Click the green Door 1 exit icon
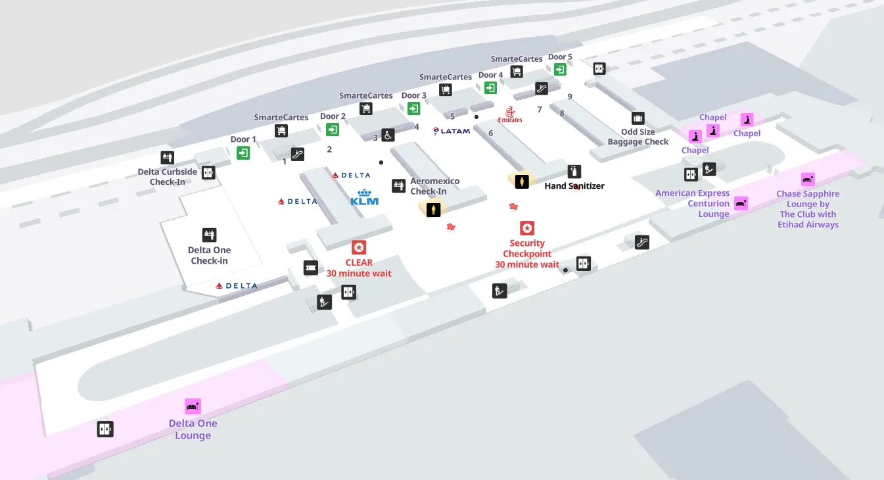point(243,153)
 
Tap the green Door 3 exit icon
point(413,108)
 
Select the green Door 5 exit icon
point(560,69)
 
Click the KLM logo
point(364,198)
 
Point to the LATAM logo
point(452,131)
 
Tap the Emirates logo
point(510,115)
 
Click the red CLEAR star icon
point(359,247)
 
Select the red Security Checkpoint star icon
point(527,228)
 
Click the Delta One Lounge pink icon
point(193,406)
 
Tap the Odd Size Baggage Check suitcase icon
point(638,118)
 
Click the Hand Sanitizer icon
point(574,172)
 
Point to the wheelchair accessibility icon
point(388,135)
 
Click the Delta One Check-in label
point(209,255)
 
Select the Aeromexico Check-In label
point(434,186)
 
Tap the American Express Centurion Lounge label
point(692,203)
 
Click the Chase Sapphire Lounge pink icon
point(808,180)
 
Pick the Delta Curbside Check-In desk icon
point(167,158)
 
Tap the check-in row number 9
point(570,97)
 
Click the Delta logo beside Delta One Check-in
point(237,286)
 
